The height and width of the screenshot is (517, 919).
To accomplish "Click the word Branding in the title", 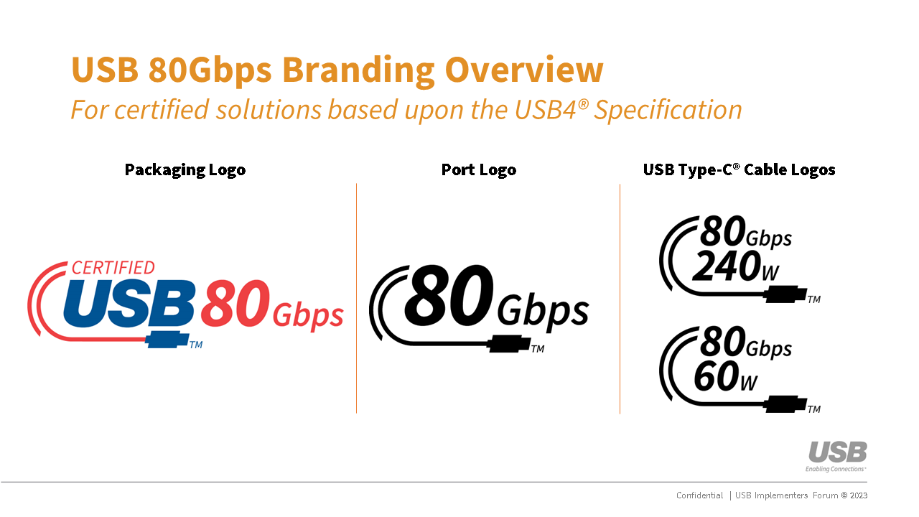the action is coord(358,70).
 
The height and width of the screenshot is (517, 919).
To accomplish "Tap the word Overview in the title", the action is coord(524,70).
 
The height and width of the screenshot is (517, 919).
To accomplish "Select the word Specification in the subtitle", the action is coord(668,111).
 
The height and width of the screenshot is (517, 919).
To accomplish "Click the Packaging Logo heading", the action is coord(185,170).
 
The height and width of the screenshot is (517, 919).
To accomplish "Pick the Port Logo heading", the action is coord(479,170).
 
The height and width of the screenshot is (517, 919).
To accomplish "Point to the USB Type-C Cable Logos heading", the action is coord(740,170).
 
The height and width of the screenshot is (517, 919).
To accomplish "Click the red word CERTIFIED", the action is coord(113,268).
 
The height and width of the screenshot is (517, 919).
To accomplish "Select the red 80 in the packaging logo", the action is coord(235,303).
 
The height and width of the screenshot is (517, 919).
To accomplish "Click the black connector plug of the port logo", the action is coord(509,344).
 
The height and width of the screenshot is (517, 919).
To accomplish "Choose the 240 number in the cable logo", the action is coord(727,266).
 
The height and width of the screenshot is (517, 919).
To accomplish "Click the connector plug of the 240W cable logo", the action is coord(785,294).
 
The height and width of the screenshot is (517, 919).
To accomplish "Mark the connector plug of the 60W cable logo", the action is coord(785,404).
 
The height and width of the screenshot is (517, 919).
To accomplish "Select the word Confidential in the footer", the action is coord(699,495).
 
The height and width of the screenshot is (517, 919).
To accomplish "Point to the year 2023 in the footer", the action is coord(859,495).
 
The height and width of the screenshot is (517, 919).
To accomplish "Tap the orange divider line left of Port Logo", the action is coord(357,298).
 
